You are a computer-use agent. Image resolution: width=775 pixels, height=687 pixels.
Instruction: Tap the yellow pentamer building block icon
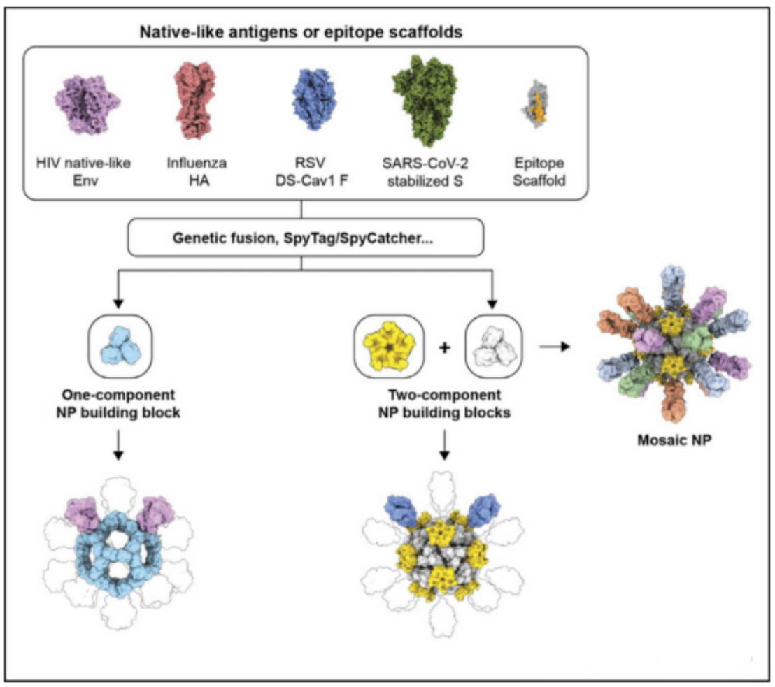pyautogui.click(x=390, y=345)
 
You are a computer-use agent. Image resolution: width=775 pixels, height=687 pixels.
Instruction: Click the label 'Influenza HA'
pyautogui.click(x=196, y=171)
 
